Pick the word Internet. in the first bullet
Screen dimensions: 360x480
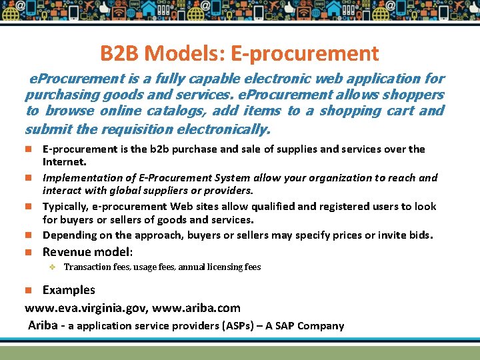pyautogui.click(x=65, y=161)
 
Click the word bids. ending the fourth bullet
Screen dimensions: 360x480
pyautogui.click(x=419, y=235)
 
